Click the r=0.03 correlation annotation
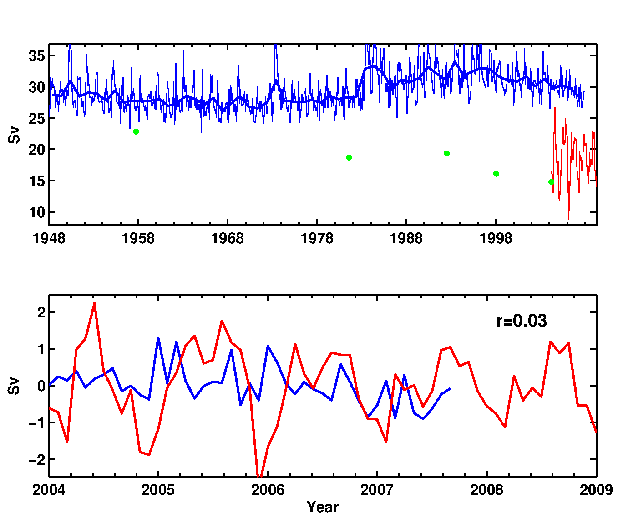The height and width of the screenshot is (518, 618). tap(521, 321)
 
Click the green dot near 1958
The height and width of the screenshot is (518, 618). tap(136, 131)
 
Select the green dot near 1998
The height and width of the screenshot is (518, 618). tap(496, 174)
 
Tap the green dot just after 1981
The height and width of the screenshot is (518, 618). tap(349, 157)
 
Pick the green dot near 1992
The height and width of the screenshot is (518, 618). tap(446, 153)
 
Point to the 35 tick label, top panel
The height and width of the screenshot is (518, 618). tap(36, 56)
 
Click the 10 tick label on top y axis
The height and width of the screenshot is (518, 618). tap(36, 212)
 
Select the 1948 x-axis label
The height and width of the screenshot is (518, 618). tap(49, 238)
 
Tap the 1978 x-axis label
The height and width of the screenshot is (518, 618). tap(317, 238)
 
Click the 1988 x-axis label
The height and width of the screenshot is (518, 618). tap(406, 238)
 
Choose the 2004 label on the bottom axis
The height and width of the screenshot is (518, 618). tap(49, 490)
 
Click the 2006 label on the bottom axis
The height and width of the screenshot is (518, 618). tap(268, 490)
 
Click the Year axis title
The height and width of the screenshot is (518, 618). tap(323, 507)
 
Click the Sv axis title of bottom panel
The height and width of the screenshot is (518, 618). tap(15, 386)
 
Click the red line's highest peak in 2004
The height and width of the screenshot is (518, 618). tap(94, 303)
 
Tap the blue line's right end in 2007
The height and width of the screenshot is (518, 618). tap(450, 388)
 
